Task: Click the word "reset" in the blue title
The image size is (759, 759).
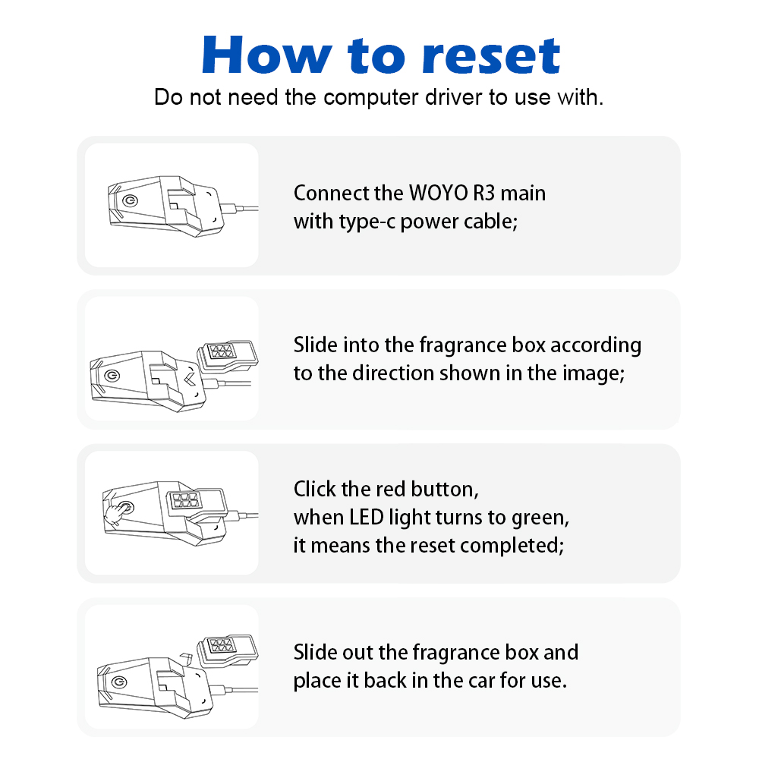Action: [491, 56]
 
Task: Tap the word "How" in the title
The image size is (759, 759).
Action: [267, 55]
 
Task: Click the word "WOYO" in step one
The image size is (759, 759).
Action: [439, 193]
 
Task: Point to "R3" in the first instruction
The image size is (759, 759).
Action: [484, 193]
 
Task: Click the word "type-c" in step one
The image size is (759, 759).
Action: [367, 222]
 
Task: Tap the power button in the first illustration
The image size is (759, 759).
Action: [130, 200]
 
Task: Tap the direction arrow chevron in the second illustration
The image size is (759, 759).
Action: [190, 378]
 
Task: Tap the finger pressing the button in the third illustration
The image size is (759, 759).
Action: [117, 512]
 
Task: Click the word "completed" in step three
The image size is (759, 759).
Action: [512, 546]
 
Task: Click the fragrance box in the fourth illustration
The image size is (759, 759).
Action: [228, 650]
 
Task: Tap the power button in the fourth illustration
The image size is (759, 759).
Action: [119, 682]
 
